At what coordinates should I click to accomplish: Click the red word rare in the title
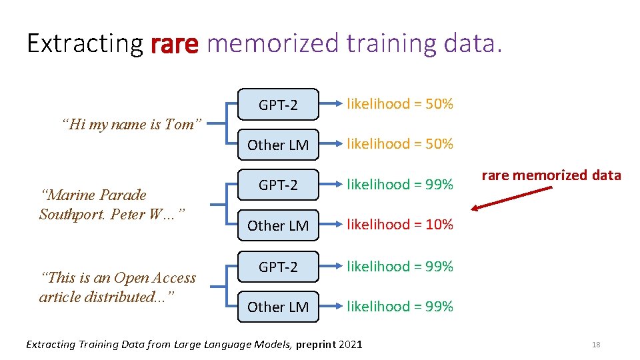click(175, 44)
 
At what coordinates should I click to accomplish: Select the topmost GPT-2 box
click(278, 105)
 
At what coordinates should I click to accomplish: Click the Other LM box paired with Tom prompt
click(278, 145)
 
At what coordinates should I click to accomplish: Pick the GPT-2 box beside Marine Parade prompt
click(278, 185)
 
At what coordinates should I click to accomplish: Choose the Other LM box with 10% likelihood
click(278, 225)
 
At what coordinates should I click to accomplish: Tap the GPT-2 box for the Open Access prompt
click(278, 267)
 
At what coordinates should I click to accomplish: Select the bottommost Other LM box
click(278, 307)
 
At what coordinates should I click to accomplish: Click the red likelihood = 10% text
click(399, 225)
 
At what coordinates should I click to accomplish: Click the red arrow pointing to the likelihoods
click(511, 198)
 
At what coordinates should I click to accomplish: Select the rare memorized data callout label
click(551, 175)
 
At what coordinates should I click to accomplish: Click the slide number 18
click(596, 345)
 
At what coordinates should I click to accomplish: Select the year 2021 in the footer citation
click(350, 345)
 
